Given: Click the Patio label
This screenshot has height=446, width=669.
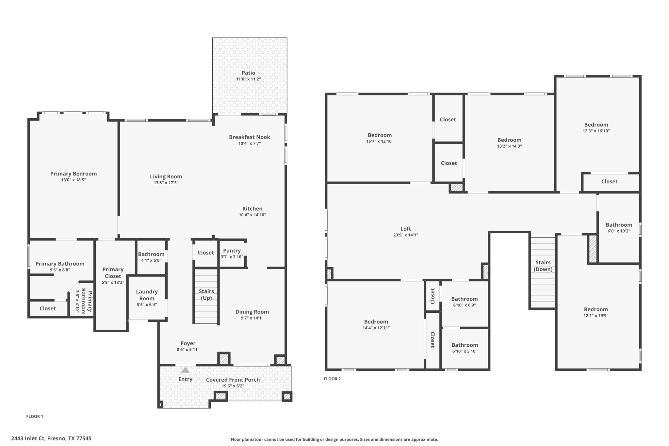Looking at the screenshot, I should click(248, 73).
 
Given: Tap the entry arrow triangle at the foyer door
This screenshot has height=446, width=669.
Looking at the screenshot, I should click(185, 370).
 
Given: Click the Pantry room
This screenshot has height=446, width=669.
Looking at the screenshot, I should click(232, 254).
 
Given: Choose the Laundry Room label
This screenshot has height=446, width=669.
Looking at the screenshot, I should click(147, 295).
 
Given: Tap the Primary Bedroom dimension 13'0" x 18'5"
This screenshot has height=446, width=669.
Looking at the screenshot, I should click(73, 180).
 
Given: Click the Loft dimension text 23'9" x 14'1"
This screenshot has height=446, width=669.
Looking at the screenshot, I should click(405, 235).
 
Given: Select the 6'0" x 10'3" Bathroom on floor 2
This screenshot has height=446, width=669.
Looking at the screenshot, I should click(619, 228).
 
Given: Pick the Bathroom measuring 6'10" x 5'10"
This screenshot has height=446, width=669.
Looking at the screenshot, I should click(465, 348).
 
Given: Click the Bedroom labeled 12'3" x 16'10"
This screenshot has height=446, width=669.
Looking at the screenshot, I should click(596, 127).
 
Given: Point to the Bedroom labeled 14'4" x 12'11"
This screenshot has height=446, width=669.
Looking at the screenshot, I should click(376, 324).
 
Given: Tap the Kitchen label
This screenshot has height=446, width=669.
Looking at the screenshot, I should click(252, 208).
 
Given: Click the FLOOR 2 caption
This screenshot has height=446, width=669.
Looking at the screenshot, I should click(332, 379).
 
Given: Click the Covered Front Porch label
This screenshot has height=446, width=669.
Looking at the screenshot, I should click(233, 380).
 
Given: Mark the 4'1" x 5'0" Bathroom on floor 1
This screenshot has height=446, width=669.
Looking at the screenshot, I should click(151, 257).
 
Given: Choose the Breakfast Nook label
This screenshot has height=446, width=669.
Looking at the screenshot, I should click(249, 137).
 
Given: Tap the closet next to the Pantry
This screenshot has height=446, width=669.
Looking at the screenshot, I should click(205, 253).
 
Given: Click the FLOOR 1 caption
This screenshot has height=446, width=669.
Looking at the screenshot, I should click(35, 416).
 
